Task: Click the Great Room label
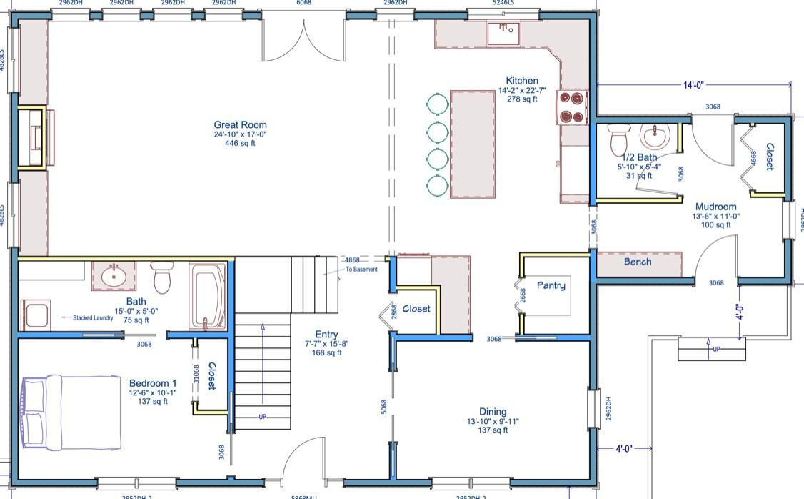pos(240,124)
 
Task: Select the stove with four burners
pos(573,107)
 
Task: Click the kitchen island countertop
pos(472,144)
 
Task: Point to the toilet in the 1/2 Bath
pos(618,139)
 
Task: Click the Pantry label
pos(551,286)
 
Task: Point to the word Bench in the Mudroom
pos(638,262)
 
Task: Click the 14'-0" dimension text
pos(693,85)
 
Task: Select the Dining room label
pos(493,412)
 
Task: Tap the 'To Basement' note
pos(361,270)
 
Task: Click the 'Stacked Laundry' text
pos(93,317)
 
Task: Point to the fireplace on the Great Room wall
pos(32,137)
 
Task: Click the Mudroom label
pos(715,207)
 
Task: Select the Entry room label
pos(326,335)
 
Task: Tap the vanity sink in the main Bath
pos(113,275)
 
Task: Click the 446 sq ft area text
pos(240,144)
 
